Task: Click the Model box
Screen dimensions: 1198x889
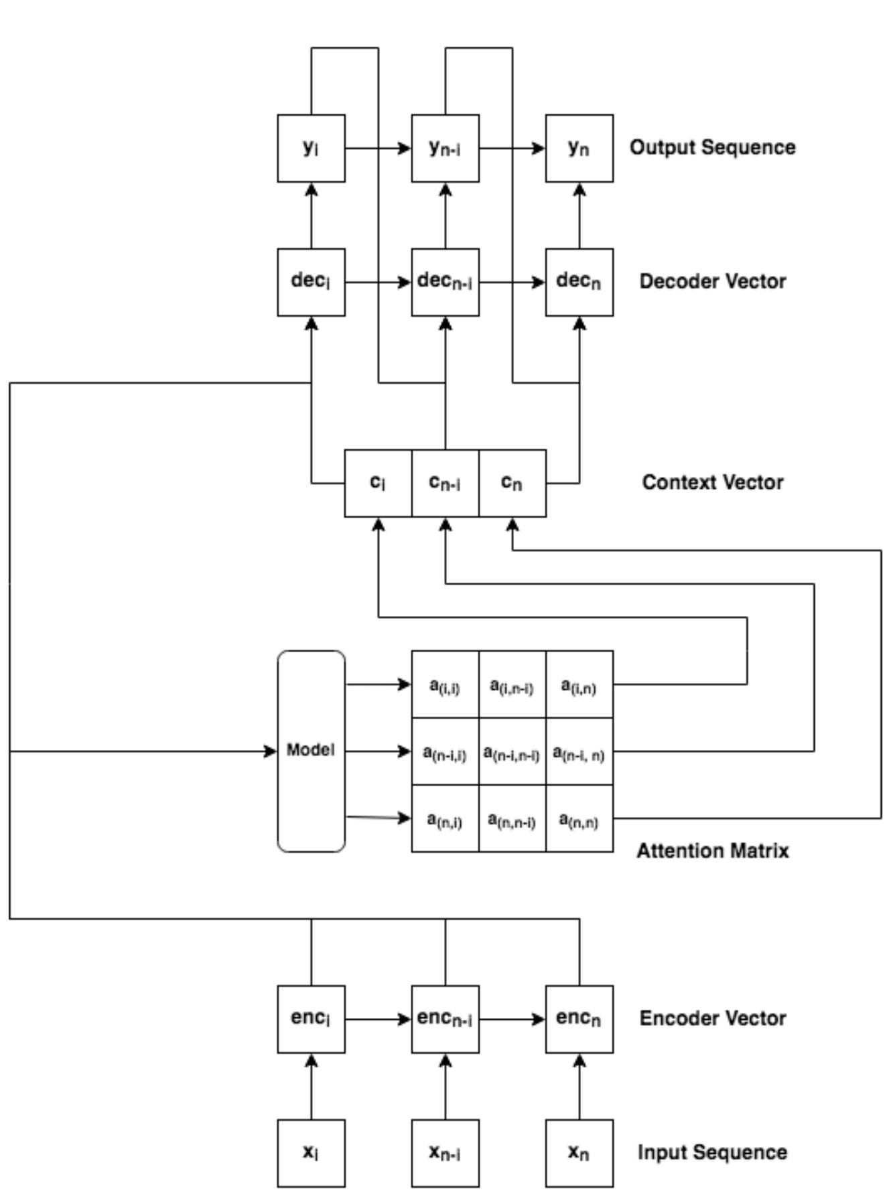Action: pyautogui.click(x=312, y=751)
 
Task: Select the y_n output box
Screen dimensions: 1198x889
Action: pyautogui.click(x=579, y=148)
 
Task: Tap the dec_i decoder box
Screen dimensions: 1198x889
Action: pyautogui.click(x=312, y=282)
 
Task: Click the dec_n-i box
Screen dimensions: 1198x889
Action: pyautogui.click(x=445, y=282)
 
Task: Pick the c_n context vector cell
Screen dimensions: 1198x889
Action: pyautogui.click(x=512, y=483)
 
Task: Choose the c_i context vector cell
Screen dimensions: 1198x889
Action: pyautogui.click(x=378, y=483)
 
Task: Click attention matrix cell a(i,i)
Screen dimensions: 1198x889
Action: pyautogui.click(x=445, y=684)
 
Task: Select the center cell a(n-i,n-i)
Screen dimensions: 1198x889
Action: pyautogui.click(x=512, y=751)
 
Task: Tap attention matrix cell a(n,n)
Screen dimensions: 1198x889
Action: pyautogui.click(x=579, y=818)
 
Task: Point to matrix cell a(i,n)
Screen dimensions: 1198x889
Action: pyautogui.click(x=579, y=684)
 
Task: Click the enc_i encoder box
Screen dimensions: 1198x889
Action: pyautogui.click(x=312, y=1019)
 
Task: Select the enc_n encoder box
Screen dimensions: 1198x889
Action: pyautogui.click(x=579, y=1019)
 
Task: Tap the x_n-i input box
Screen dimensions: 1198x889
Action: pyautogui.click(x=445, y=1152)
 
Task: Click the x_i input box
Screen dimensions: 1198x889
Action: pyautogui.click(x=312, y=1152)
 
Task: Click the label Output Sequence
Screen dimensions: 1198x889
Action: pyautogui.click(x=712, y=147)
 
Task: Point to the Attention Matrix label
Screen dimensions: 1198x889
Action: pyautogui.click(x=712, y=850)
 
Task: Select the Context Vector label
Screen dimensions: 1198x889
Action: pyautogui.click(x=712, y=482)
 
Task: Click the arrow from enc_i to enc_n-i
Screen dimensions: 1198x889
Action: pyautogui.click(x=378, y=1019)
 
